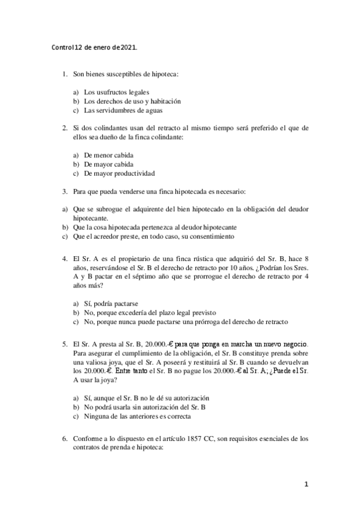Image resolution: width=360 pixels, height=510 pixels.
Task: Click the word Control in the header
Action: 62,48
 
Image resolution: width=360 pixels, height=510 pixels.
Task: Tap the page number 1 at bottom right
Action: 306,484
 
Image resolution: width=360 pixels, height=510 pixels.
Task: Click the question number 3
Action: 64,191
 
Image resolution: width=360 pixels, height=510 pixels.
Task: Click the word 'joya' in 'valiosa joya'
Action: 117,364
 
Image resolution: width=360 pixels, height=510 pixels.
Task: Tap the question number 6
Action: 64,439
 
